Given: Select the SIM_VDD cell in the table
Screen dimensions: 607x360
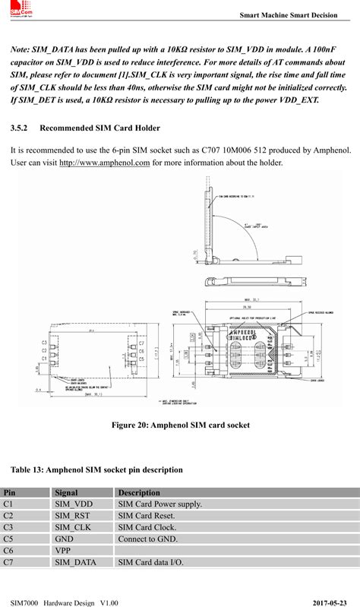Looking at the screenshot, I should pyautogui.click(x=74, y=504).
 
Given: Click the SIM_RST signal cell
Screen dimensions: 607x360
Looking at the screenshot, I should pyautogui.click(x=73, y=515).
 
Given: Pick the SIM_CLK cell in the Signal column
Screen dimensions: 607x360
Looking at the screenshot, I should pyautogui.click(x=73, y=526).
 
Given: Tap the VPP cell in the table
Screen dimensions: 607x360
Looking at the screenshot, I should pyautogui.click(x=63, y=549).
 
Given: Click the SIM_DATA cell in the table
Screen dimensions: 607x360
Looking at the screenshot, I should pyautogui.click(x=76, y=561).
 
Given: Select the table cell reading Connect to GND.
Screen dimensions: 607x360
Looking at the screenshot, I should pyautogui.click(x=147, y=538).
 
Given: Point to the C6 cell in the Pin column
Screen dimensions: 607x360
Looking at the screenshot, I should pyautogui.click(x=8, y=549).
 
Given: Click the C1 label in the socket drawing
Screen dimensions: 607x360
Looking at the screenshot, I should pyautogui.click(x=45, y=358).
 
